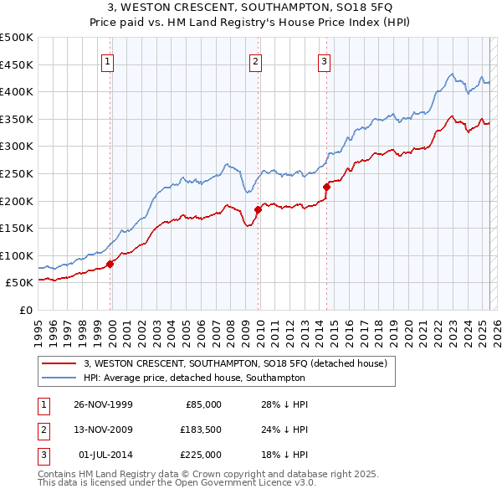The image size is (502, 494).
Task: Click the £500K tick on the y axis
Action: pyautogui.click(x=17, y=38)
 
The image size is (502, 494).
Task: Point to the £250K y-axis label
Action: pyautogui.click(x=17, y=173)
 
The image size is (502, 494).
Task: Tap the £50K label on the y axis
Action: pyautogui.click(x=20, y=283)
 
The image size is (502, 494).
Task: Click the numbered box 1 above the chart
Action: pyautogui.click(x=109, y=60)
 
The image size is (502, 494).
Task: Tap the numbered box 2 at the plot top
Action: pyautogui.click(x=255, y=60)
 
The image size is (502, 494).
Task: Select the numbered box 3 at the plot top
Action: pyautogui.click(x=324, y=60)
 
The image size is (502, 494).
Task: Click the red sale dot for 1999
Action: pyautogui.click(x=110, y=264)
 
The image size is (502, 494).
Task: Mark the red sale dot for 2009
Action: pyautogui.click(x=258, y=209)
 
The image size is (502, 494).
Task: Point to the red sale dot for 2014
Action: pyautogui.click(x=326, y=188)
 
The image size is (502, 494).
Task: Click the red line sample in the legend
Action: pyautogui.click(x=59, y=364)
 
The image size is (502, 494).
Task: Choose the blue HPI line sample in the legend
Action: pyautogui.click(x=59, y=378)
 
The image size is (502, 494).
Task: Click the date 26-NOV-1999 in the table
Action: pyautogui.click(x=104, y=404)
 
